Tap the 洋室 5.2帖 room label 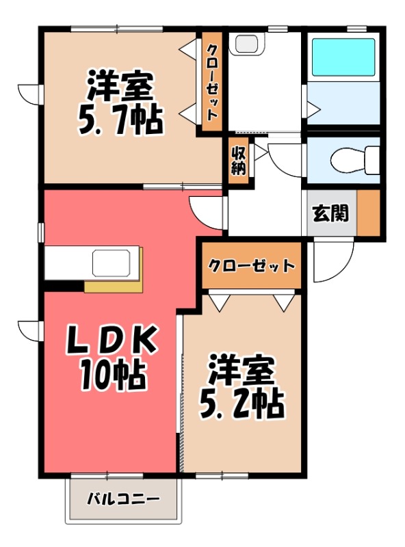click(x=241, y=387)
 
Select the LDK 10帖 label click(x=113, y=356)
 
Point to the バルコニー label click(x=123, y=499)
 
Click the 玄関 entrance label click(x=330, y=213)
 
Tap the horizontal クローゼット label click(x=252, y=265)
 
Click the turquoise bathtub click(x=343, y=57)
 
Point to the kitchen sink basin click(x=114, y=262)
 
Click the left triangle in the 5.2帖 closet click(x=219, y=302)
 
